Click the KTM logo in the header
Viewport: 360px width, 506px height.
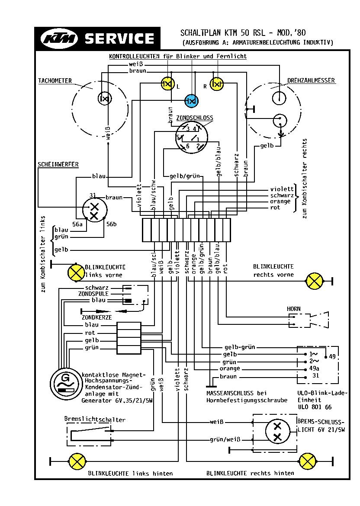point(59,39)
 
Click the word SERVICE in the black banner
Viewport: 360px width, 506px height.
point(120,38)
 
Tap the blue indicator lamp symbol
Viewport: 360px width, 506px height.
point(191,101)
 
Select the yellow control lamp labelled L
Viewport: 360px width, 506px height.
point(167,84)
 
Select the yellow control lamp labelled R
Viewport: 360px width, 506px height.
point(216,84)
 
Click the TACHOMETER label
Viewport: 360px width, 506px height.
point(55,81)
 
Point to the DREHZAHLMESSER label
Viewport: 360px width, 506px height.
point(311,81)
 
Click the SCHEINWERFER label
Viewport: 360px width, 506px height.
point(58,164)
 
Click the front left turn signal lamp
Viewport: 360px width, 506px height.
point(77,272)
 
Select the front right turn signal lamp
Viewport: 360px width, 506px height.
point(314,281)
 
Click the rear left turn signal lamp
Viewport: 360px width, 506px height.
point(77,461)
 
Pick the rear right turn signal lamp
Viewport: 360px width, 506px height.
point(308,461)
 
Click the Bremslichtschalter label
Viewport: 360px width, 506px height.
point(95,420)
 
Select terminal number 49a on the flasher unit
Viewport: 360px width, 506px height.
point(315,368)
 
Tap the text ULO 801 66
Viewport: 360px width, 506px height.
point(315,407)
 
